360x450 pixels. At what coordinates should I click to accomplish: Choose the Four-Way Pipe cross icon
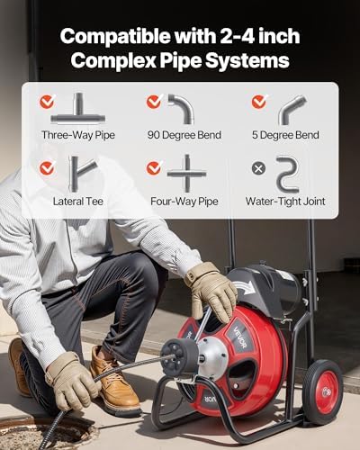pyautogui.click(x=187, y=174)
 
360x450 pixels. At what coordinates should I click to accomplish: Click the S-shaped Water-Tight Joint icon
pyautogui.click(x=287, y=174)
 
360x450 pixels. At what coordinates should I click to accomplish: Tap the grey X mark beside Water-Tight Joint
pyautogui.click(x=258, y=168)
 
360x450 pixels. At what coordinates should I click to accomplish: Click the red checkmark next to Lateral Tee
pyautogui.click(x=47, y=168)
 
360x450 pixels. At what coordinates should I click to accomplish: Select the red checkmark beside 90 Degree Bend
pyautogui.click(x=154, y=102)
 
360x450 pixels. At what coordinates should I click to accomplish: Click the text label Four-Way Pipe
pyautogui.click(x=184, y=202)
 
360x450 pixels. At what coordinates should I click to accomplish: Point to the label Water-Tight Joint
pyautogui.click(x=285, y=202)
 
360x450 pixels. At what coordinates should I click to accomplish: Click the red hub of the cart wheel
pyautogui.click(x=325, y=392)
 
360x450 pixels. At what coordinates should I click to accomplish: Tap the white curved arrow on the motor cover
pyautogui.click(x=244, y=286)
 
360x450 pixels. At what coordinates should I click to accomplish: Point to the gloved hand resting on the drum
pyautogui.click(x=211, y=290)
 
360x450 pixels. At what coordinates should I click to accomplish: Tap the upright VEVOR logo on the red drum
pyautogui.click(x=240, y=340)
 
